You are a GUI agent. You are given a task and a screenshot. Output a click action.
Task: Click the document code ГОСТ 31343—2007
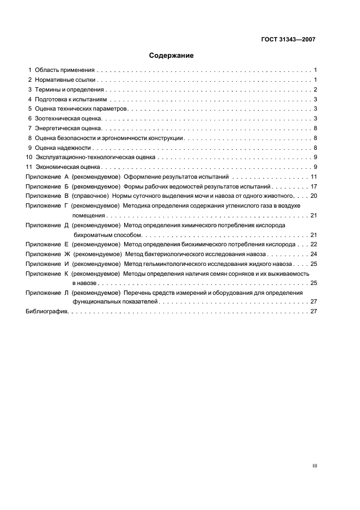click(x=288, y=39)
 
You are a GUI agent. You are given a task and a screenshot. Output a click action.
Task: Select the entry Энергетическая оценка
click(x=68, y=129)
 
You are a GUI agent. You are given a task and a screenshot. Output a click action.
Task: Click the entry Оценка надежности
click(x=63, y=148)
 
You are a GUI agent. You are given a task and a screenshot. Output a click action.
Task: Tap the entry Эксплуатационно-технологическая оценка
click(x=95, y=157)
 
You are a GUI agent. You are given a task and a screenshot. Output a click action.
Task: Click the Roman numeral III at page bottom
click(x=314, y=466)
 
